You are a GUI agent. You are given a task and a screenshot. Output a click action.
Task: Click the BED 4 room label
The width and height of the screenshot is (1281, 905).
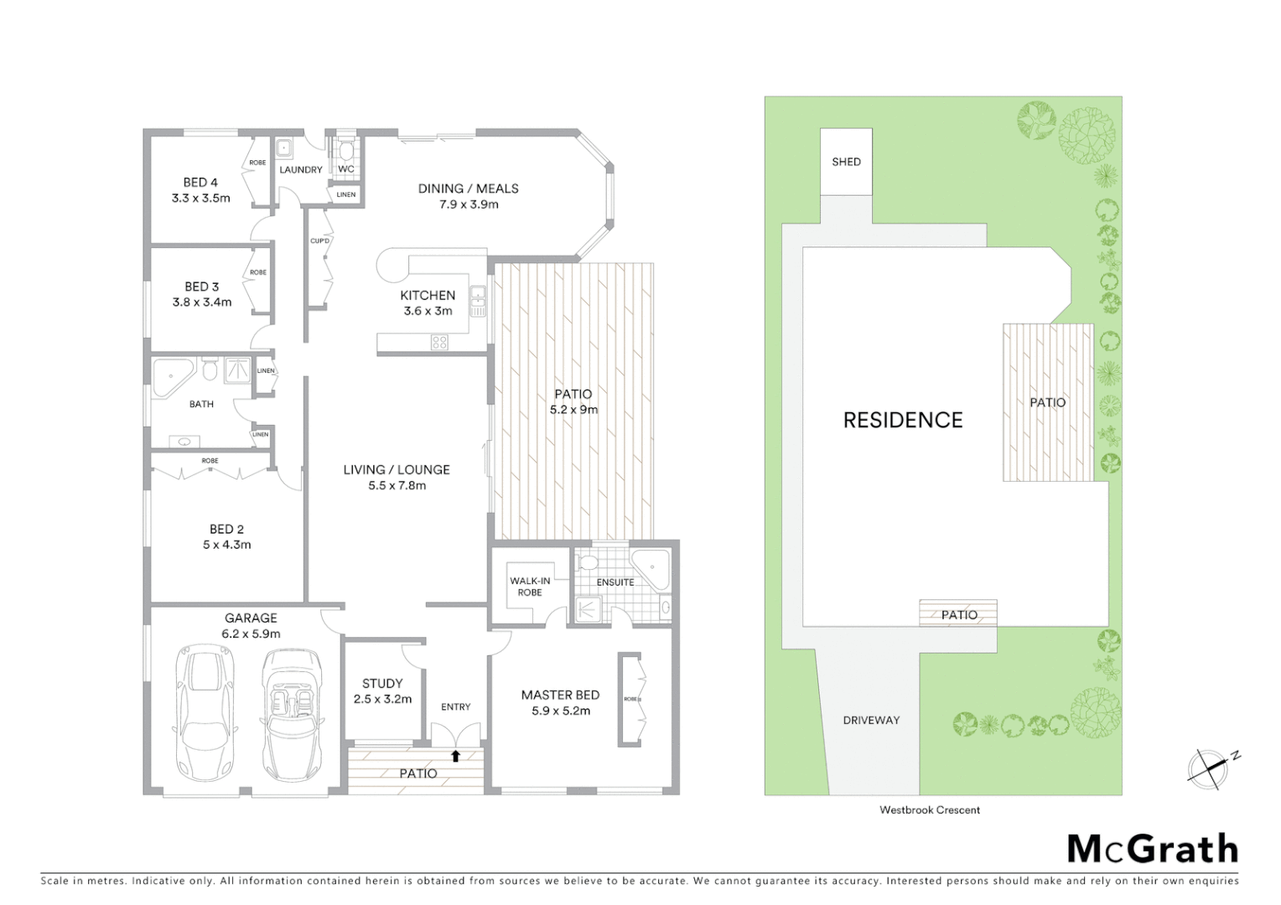[200, 183]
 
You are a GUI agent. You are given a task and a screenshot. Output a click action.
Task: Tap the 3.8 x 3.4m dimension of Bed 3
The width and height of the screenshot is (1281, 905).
[202, 303]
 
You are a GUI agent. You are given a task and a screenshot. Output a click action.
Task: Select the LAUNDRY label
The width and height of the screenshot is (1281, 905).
[300, 170]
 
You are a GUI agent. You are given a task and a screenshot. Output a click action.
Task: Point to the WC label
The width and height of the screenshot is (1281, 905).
[346, 169]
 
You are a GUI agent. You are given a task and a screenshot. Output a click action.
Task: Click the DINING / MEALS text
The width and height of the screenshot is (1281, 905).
[468, 189]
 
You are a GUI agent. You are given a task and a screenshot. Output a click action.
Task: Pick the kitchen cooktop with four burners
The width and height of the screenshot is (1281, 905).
[439, 342]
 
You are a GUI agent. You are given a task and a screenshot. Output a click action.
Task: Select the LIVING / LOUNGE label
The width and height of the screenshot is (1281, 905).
[397, 470]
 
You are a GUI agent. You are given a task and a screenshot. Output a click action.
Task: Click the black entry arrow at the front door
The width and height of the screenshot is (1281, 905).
[455, 756]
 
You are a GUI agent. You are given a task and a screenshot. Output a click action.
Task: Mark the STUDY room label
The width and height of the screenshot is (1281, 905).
[382, 684]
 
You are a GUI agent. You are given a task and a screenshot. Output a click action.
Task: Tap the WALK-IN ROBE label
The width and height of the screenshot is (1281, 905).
[530, 587]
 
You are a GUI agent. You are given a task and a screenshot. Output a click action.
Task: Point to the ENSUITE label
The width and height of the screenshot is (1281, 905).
[615, 582]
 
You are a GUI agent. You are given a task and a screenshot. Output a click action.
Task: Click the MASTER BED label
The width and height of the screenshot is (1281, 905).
[560, 695]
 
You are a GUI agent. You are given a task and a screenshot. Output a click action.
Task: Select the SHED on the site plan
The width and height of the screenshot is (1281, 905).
[846, 162]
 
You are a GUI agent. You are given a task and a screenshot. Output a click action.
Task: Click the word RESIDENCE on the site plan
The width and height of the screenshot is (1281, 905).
[903, 420]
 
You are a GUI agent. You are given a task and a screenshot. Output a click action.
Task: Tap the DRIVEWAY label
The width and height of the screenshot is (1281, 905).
[871, 720]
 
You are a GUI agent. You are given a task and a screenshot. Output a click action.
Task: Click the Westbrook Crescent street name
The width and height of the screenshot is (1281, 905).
[929, 810]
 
